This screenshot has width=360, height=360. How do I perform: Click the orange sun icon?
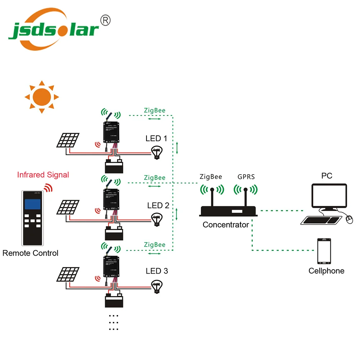(x=41, y=96)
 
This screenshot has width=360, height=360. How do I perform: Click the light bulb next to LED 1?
(x=157, y=153)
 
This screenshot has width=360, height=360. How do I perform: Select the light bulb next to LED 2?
(x=157, y=219)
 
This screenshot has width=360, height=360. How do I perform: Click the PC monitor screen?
(x=329, y=196)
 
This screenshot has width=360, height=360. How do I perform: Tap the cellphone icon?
(x=324, y=251)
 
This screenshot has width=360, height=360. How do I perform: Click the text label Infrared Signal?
(x=43, y=175)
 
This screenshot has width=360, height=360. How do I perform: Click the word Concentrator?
(x=226, y=225)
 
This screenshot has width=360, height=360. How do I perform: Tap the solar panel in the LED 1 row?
(x=67, y=140)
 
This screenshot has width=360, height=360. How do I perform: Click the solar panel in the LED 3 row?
(x=67, y=275)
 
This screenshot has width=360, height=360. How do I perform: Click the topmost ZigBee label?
(x=154, y=111)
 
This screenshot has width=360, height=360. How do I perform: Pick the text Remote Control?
(x=30, y=253)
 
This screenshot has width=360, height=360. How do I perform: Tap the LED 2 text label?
(x=158, y=206)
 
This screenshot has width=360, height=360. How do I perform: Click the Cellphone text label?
(x=326, y=271)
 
